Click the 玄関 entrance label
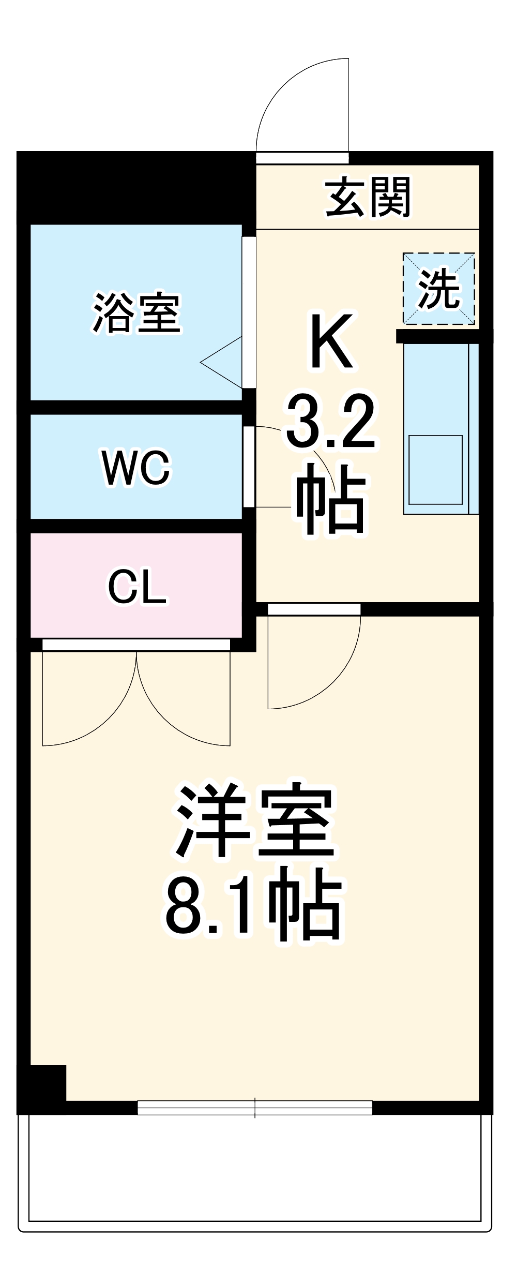pos(368,197)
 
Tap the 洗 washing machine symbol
pos(438,289)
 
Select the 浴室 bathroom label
pos(136,312)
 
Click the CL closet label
pos(136,587)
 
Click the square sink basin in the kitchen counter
pos(435,469)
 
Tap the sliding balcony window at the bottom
pos(255,1108)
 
